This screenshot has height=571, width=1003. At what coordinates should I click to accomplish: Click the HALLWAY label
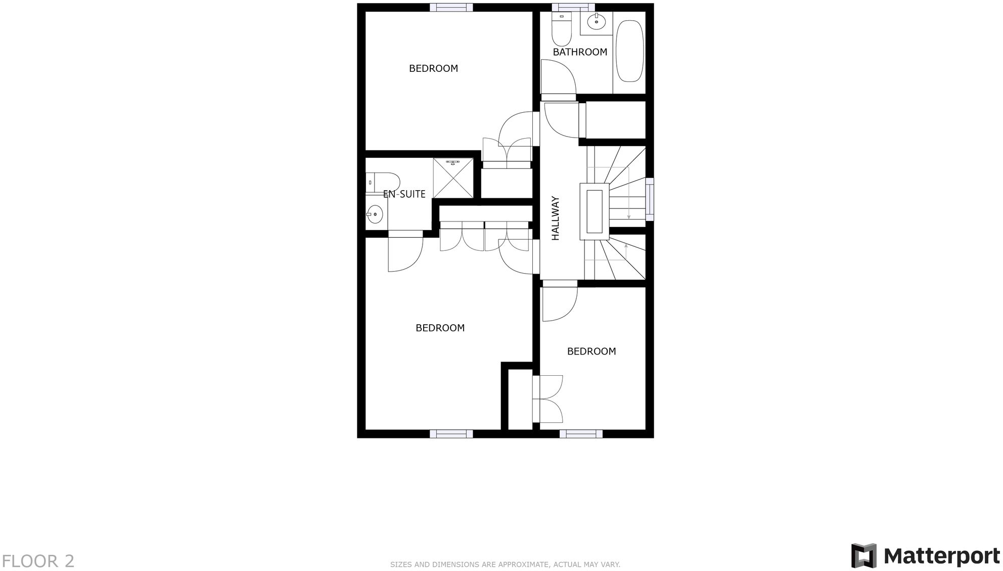tap(555, 218)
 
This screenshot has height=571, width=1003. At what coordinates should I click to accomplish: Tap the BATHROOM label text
tap(580, 52)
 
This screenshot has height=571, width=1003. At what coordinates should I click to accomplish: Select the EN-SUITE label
tap(404, 194)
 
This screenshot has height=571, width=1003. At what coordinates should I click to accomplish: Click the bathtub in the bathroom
tap(630, 51)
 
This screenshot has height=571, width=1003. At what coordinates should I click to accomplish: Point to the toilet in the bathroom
tap(561, 29)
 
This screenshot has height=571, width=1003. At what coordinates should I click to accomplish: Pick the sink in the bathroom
tap(597, 22)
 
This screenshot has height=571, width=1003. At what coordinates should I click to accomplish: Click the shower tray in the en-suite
tap(453, 178)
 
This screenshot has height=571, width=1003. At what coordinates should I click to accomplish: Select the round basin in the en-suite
tap(375, 214)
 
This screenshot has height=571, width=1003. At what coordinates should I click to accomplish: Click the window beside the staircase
tap(650, 199)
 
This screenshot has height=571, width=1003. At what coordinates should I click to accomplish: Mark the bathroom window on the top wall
tap(573, 7)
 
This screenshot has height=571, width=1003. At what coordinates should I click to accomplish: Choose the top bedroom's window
tap(451, 7)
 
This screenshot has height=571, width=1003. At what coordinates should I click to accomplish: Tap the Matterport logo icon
tap(863, 556)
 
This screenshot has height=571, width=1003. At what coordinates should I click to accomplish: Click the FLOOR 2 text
tap(38, 561)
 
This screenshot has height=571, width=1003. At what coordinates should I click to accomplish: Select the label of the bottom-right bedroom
tap(591, 351)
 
